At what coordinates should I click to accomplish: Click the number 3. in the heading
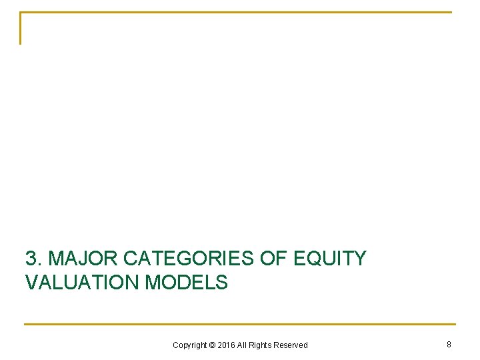(34, 258)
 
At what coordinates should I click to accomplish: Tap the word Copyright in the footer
(189, 345)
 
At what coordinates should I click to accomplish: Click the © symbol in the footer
(213, 345)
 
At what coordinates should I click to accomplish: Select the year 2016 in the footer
(227, 345)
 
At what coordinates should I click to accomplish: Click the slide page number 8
(449, 344)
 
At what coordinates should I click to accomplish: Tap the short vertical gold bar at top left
(21, 29)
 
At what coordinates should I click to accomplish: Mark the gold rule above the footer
(240, 325)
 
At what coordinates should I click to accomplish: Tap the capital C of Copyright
(175, 345)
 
